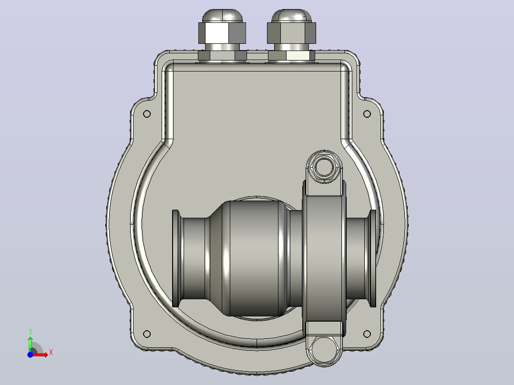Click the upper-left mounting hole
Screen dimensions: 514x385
(147, 114)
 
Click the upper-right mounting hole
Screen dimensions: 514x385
(367, 114)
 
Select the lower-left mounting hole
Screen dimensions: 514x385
(147, 334)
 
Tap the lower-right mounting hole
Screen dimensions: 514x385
(367, 334)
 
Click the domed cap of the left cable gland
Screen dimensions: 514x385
(223, 16)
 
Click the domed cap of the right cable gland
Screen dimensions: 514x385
(291, 16)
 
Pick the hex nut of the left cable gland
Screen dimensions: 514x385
(222, 33)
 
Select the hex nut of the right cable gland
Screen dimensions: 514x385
(291, 33)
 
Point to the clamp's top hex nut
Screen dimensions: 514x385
(324, 167)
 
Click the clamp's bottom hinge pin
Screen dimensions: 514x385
(324, 349)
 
